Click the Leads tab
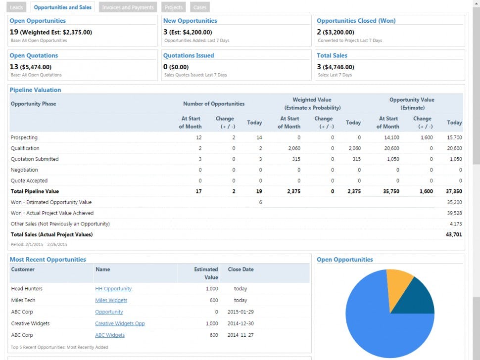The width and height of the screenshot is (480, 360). click(16, 7)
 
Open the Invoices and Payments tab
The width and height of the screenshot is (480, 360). click(128, 7)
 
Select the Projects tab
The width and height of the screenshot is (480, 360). click(174, 7)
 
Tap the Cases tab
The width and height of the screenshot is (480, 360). click(200, 7)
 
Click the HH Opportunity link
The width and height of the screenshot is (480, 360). click(113, 289)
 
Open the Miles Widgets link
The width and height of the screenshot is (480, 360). click(111, 300)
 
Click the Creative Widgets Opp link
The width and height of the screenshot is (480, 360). click(120, 323)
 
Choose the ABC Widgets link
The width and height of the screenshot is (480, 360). click(110, 335)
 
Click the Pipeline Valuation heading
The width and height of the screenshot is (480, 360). click(36, 90)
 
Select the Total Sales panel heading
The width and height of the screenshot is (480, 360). click(332, 55)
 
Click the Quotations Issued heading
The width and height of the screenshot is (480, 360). click(189, 55)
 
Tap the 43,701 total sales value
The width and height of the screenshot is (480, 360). click(454, 234)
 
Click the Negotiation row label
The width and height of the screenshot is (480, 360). click(25, 170)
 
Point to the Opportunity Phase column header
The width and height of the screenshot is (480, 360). click(33, 104)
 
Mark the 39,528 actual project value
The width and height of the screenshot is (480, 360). click(454, 213)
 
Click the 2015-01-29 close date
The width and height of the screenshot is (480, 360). click(240, 312)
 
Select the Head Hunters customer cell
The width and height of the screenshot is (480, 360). click(27, 289)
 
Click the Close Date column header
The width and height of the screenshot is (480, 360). click(240, 270)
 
